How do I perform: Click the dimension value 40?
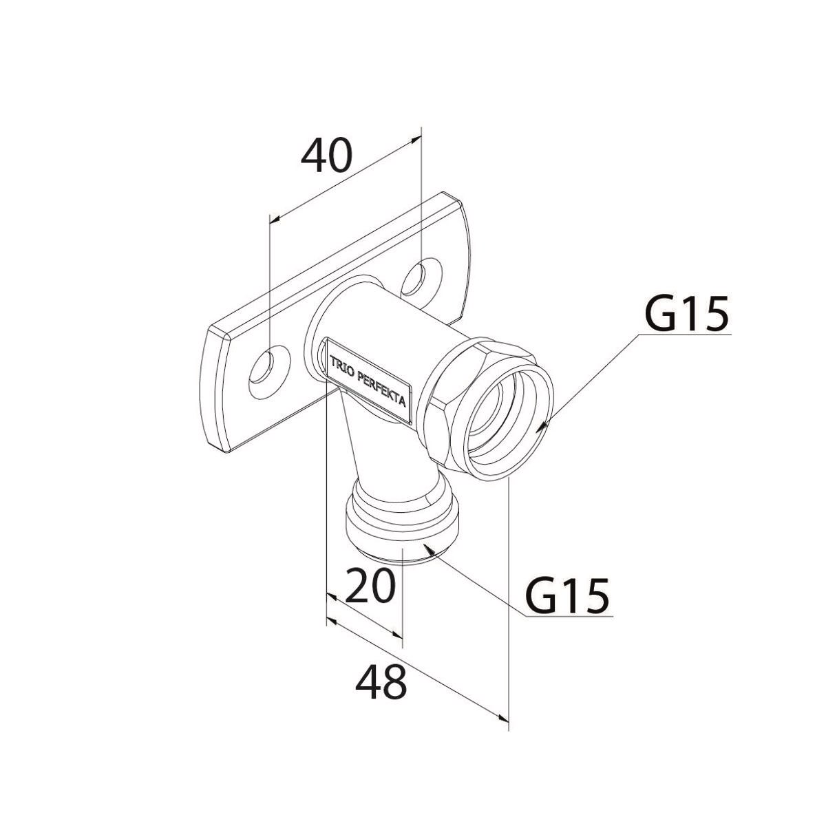[x=326, y=155]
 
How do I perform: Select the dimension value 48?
[x=382, y=682]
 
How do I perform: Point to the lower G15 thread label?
[x=568, y=596]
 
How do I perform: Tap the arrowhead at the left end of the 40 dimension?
[x=275, y=220]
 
